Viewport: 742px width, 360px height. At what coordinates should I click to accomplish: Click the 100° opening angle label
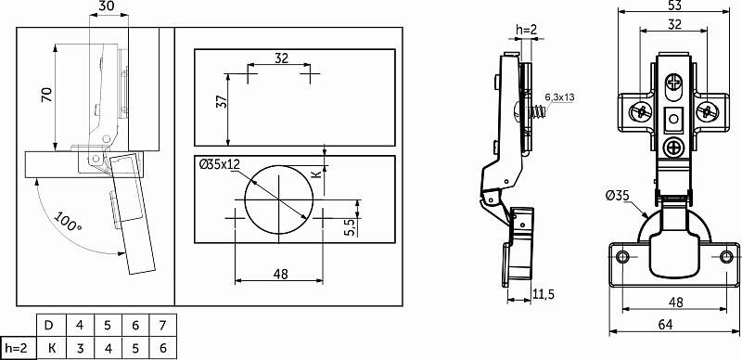click(68, 222)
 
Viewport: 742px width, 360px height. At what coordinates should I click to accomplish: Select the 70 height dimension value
click(47, 96)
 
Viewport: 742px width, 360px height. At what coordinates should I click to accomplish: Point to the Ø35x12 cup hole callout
click(220, 164)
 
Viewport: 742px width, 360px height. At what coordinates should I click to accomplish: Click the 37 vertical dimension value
click(222, 102)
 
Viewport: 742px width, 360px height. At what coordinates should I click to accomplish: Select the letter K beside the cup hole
click(317, 174)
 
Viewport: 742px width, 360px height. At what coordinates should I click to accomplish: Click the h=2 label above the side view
click(526, 30)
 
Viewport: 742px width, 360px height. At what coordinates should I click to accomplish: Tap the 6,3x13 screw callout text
click(559, 97)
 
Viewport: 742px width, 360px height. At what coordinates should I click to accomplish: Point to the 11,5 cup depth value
click(544, 294)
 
